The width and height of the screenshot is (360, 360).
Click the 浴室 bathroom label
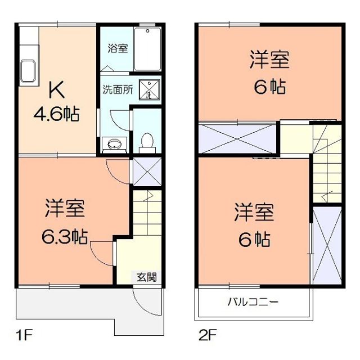(118, 48)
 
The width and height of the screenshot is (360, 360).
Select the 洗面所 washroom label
(117, 89)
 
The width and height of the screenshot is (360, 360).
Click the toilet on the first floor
(147, 141)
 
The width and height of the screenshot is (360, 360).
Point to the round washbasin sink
(114, 144)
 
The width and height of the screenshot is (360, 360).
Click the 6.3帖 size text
(63, 236)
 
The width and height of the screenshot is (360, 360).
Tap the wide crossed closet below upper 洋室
(236, 138)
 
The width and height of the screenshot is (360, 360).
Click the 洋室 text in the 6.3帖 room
(64, 209)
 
